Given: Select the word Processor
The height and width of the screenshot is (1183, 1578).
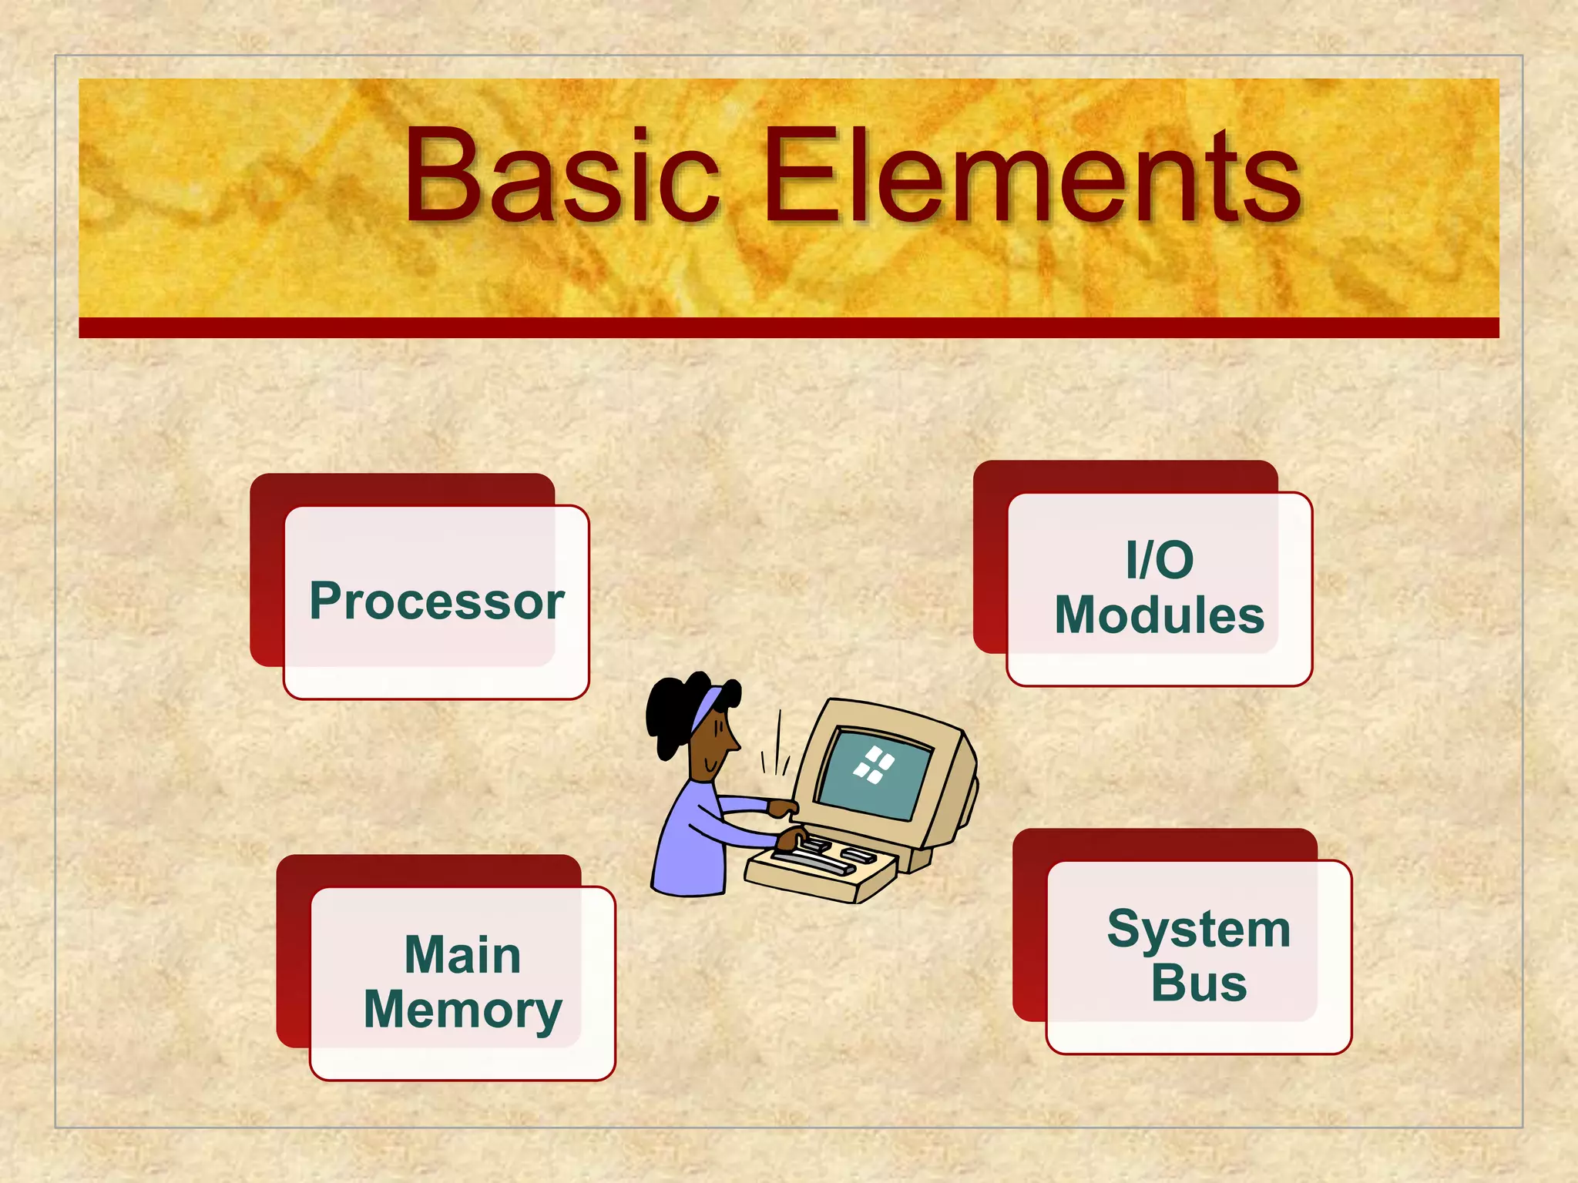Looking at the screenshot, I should tap(437, 601).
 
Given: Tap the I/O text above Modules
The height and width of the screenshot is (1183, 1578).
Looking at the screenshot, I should tap(1159, 560).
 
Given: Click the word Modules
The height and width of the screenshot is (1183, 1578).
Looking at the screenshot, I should tap(1159, 615).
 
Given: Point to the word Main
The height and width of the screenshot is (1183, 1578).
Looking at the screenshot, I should tap(462, 955).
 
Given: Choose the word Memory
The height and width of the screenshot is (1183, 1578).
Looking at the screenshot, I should tap(462, 1010).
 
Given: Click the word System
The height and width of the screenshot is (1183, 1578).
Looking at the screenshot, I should tap(1198, 929).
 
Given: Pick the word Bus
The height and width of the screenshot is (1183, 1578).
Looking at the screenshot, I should tap(1198, 984).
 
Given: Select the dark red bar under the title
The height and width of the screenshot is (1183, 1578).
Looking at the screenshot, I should tap(788, 327).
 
